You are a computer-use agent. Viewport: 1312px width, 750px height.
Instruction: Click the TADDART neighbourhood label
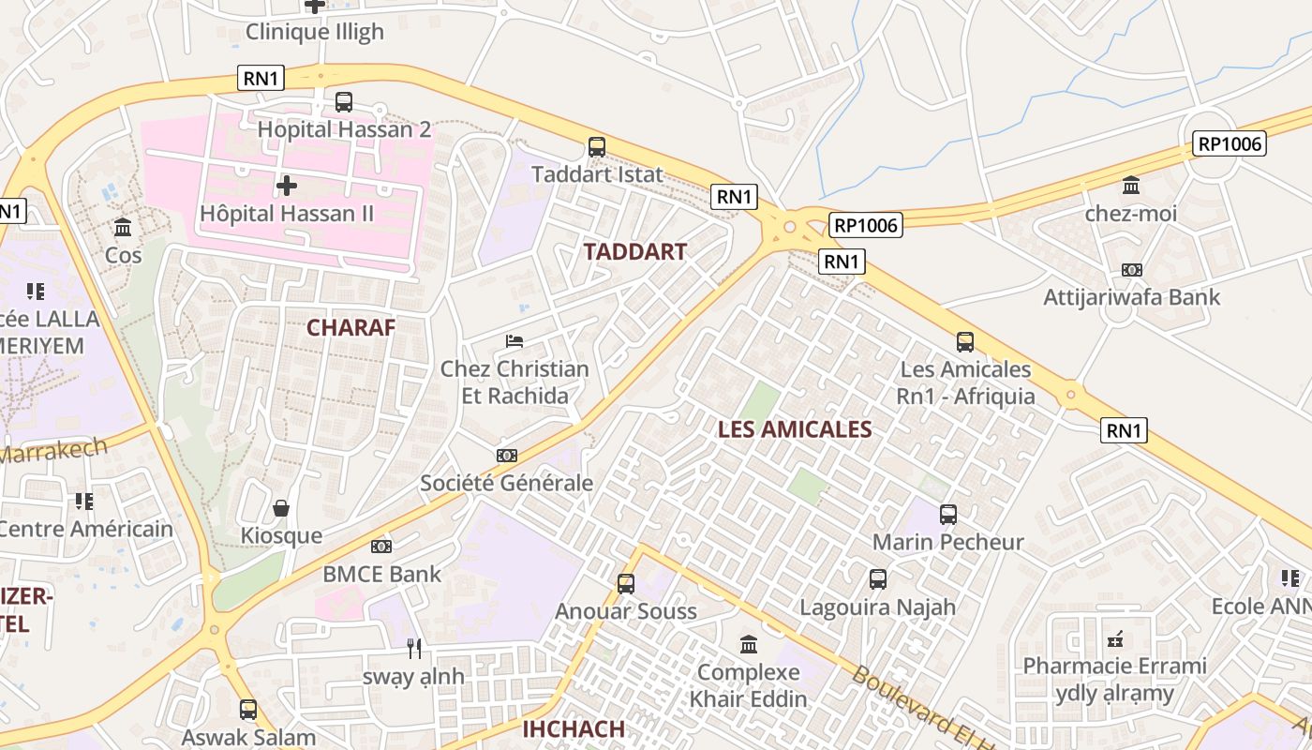634,251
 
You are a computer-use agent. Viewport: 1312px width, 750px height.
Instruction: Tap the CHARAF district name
350,327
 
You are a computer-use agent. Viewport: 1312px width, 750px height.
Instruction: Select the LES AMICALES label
795,429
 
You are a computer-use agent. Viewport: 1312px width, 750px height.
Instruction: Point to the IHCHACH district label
573,729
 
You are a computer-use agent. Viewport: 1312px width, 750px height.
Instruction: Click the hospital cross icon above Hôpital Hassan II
287,186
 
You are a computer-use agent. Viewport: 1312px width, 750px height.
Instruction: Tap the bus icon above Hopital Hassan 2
344,101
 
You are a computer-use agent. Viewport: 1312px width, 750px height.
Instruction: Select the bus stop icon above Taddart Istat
597,146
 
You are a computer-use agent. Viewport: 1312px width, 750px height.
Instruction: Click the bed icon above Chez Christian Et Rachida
514,340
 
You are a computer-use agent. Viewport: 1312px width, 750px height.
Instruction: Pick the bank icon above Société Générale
507,456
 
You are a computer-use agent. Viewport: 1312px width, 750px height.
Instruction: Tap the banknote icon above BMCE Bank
381,546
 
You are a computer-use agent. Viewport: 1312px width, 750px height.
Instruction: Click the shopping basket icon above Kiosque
281,508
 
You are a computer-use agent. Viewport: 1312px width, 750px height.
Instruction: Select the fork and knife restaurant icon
414,648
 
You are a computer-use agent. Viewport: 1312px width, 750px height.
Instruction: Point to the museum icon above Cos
123,227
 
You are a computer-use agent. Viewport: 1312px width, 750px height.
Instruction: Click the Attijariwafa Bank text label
1132,297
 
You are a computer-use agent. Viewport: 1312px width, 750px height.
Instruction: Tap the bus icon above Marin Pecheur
948,514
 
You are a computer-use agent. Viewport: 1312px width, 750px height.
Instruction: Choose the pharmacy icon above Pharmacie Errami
1115,639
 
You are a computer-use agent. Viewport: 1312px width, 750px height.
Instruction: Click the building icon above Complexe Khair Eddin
749,645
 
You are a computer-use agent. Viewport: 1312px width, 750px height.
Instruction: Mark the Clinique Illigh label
315,32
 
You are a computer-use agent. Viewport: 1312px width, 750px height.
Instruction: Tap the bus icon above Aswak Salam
248,710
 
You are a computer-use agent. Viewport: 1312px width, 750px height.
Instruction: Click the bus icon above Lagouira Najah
878,579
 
